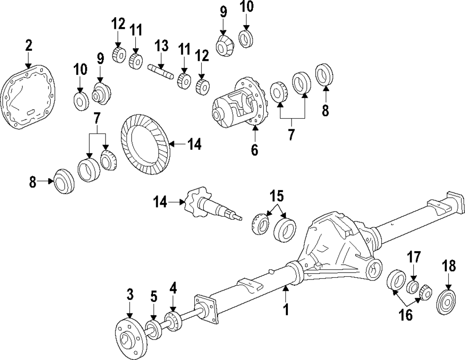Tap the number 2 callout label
(x=29, y=46)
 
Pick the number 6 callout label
(x=255, y=150)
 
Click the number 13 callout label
(x=161, y=46)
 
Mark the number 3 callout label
(x=130, y=294)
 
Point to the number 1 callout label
(x=286, y=308)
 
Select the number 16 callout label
(x=405, y=315)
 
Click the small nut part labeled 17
(x=413, y=287)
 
